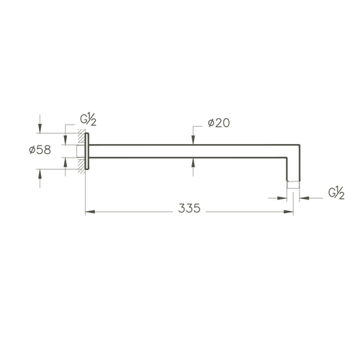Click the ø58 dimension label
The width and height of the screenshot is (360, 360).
pyautogui.click(x=40, y=150)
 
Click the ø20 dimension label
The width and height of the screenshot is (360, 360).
pyautogui.click(x=219, y=123)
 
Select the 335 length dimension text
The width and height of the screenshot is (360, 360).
pyautogui.click(x=189, y=208)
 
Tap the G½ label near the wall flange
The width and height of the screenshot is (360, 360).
pyautogui.click(x=88, y=120)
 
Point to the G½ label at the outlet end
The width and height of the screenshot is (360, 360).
pyautogui.click(x=336, y=193)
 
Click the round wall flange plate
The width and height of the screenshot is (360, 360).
pyautogui.click(x=87, y=151)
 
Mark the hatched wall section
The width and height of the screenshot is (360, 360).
pyautogui.click(x=81, y=151)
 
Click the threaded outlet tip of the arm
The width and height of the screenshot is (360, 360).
pyautogui.click(x=293, y=184)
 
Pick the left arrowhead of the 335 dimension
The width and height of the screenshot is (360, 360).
pyautogui.click(x=90, y=212)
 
